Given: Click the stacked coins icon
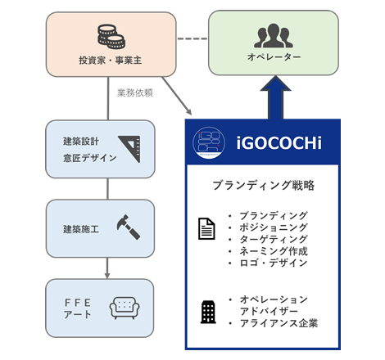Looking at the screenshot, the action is coord(111,37).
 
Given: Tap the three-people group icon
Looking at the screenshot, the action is coord(274,36).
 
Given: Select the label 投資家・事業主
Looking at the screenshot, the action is coord(111,60).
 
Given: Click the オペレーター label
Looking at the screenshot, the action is coord(274,57).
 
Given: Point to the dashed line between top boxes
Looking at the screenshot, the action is coord(192,38).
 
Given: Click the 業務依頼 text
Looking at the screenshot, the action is coord(135,93).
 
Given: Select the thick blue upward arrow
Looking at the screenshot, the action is coord(275,97).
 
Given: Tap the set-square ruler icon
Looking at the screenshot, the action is coord(129,149).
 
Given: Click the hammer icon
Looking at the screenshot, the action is coord(129,227).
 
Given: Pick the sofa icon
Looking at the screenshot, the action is coord(125,308).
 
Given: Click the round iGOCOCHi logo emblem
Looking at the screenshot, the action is coord(209,143).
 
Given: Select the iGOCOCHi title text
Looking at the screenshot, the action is coord(279,143).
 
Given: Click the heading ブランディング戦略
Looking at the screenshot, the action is coord(264,186).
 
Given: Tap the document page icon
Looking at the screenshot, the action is coord(206,228).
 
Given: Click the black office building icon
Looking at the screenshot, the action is coord(208,312).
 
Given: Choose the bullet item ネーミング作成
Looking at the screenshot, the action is coord(274,251).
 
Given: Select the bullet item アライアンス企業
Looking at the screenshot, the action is coord(279,323).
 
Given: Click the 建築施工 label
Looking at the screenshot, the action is coord(81,229).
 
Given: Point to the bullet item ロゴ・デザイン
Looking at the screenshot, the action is coord(274,263).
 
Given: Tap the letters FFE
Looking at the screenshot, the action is coord(78,303).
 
